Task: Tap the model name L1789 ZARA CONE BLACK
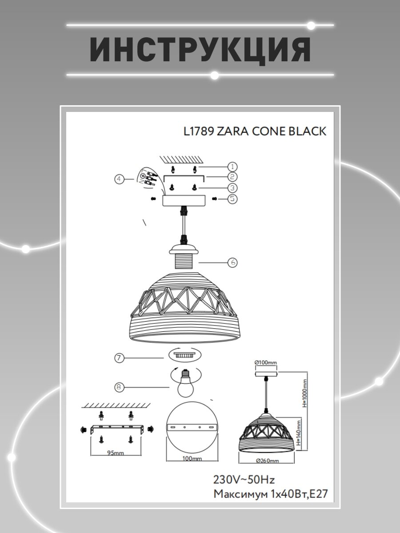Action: click(255, 131)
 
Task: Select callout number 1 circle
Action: click(232, 167)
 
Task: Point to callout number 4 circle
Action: click(119, 179)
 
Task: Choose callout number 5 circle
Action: click(232, 199)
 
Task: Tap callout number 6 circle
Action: click(232, 263)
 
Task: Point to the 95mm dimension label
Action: click(116, 453)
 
